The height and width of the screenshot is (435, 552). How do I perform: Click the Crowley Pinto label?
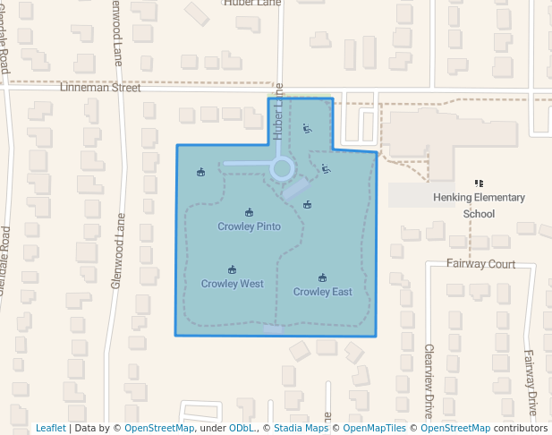(x=249, y=226)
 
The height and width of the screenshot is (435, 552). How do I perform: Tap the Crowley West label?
(x=232, y=284)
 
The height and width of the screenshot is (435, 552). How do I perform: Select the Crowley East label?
(x=322, y=292)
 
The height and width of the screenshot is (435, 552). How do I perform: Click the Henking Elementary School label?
(x=479, y=205)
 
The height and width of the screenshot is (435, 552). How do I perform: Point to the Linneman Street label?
(x=100, y=88)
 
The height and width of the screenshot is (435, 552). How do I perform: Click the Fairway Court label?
(x=481, y=264)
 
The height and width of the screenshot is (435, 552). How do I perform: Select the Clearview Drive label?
(x=429, y=380)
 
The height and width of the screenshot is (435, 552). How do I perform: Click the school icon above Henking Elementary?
(x=479, y=183)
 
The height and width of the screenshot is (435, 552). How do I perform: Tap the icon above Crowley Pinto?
(x=249, y=213)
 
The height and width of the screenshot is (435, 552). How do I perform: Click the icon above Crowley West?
(x=232, y=269)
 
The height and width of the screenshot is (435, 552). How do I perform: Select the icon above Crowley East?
(x=322, y=278)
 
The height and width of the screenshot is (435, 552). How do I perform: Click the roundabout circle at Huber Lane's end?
(x=282, y=167)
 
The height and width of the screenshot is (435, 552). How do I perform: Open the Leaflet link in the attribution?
(x=51, y=428)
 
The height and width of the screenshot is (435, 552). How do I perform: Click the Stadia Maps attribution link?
(x=301, y=428)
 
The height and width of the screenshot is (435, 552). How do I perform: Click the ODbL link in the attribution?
(x=242, y=428)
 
